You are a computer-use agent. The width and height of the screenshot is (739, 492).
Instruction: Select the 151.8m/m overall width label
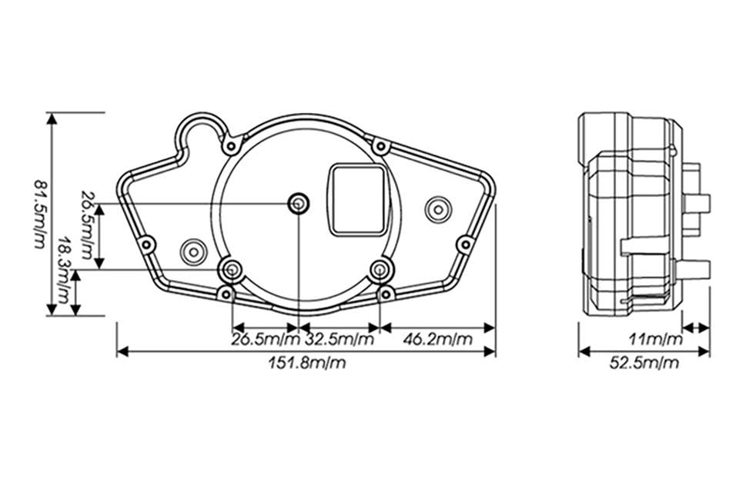pos(307,363)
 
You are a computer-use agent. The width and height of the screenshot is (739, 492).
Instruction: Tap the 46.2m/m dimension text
pos(437,339)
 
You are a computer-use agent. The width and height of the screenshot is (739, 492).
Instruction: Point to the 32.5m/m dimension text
pos(339,339)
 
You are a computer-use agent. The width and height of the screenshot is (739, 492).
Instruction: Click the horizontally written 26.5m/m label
pos(266,339)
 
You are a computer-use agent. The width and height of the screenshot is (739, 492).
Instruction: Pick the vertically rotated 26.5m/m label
pos(87,224)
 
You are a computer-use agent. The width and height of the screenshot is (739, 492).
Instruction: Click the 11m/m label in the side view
pos(656,339)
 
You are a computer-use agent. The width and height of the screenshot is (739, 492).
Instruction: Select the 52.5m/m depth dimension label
pos(644,363)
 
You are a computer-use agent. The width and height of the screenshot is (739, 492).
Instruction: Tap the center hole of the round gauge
pos(299,204)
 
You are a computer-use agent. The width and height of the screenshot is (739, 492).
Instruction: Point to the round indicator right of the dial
pos(438,210)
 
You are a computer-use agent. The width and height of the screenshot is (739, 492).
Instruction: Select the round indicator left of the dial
pos(194,252)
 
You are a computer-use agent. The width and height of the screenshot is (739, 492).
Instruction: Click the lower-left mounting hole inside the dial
pos(232,271)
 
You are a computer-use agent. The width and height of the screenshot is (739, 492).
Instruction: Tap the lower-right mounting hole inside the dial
pos(380,271)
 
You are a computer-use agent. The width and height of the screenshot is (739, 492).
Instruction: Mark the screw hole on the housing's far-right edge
pos(465,244)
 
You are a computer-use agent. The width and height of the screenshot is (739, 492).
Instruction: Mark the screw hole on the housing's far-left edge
pos(146,244)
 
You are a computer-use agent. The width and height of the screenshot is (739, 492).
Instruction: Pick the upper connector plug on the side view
pos(697,201)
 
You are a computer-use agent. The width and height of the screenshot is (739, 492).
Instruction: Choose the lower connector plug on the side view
pos(693,268)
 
